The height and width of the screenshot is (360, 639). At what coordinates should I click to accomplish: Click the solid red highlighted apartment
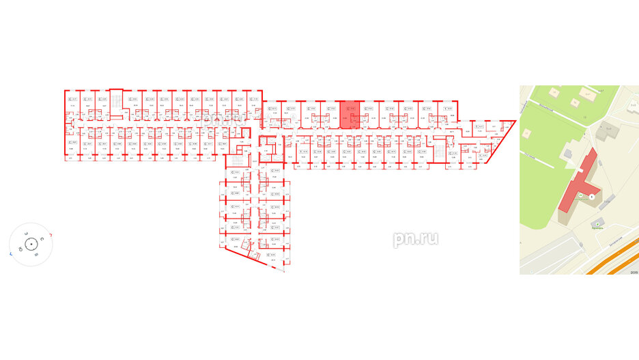350,115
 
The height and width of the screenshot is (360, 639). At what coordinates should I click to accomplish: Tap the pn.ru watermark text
415,238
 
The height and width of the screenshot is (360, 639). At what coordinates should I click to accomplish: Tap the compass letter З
24,234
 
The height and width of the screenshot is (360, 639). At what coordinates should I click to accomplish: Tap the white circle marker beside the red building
592,197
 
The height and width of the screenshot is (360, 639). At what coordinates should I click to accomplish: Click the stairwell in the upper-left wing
116,101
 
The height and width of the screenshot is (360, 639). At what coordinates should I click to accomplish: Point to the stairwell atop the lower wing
236,162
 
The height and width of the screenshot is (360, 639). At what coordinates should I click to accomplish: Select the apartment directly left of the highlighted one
330,115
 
